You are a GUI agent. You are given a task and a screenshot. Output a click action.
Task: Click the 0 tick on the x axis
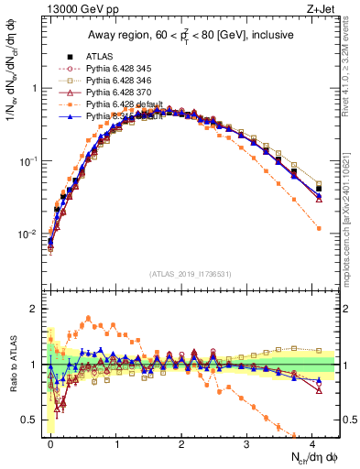(51, 442)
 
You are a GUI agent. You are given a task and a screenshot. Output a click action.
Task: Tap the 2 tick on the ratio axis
(37, 309)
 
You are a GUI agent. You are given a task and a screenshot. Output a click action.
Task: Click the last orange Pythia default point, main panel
(319, 228)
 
